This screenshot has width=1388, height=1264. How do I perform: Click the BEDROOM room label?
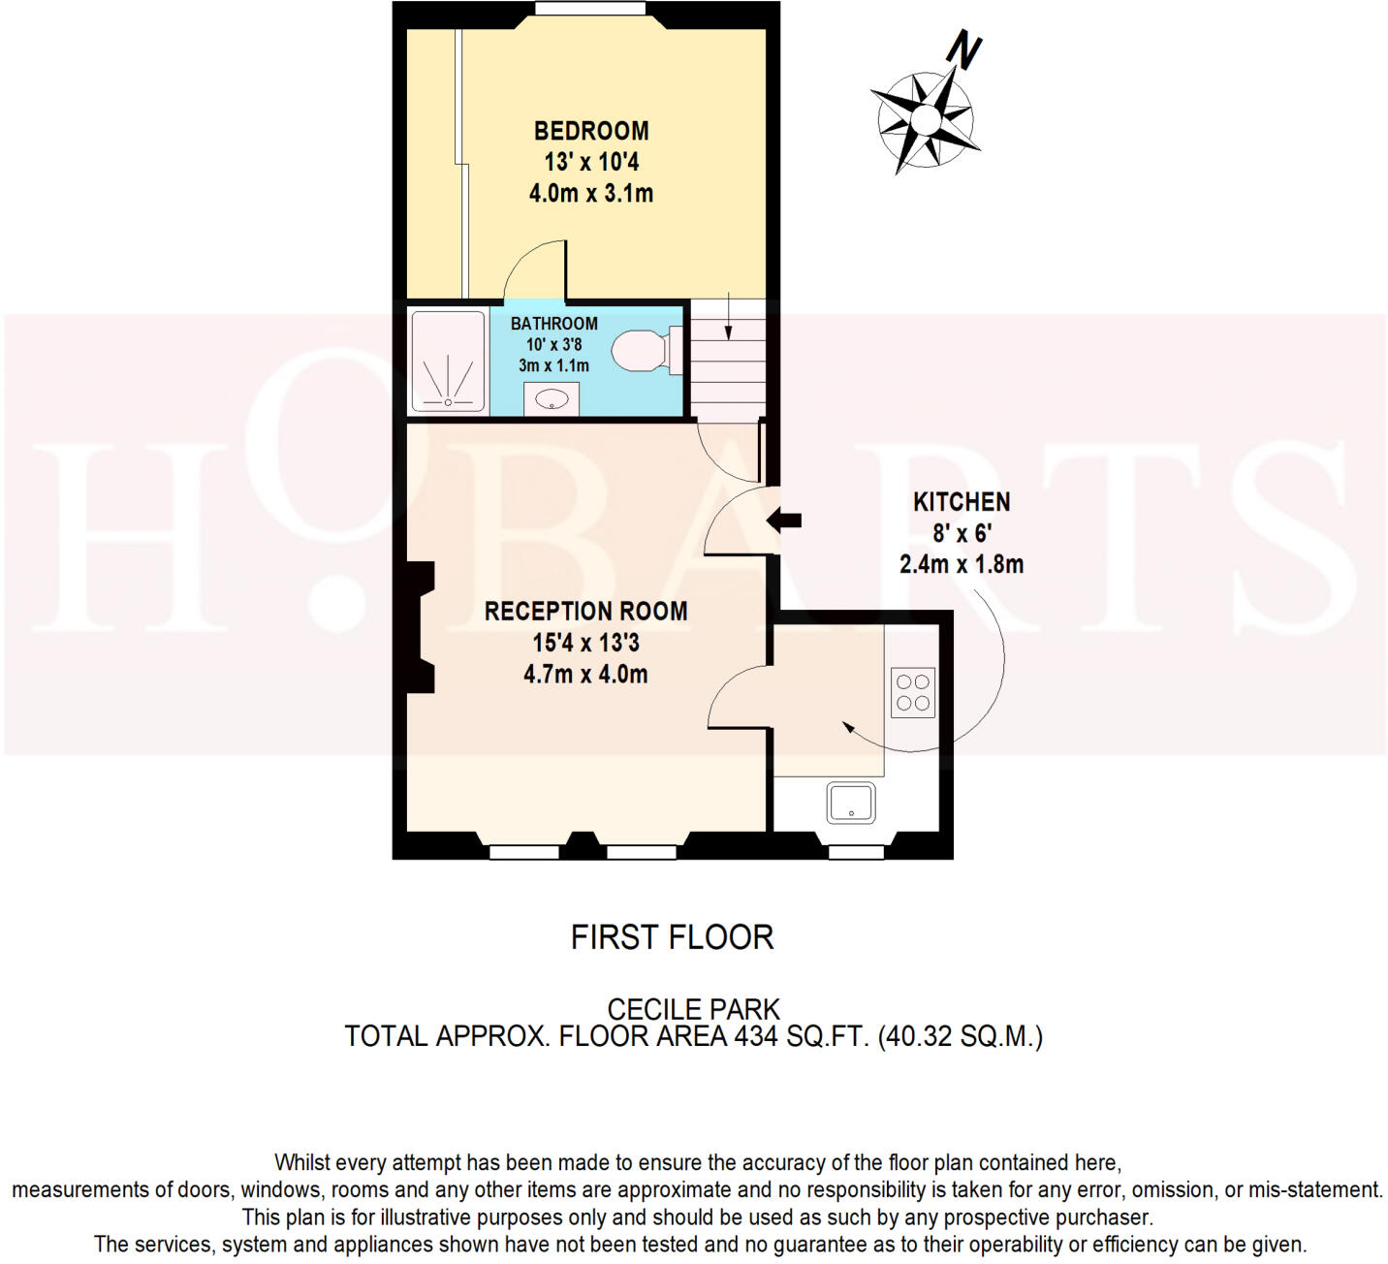(x=590, y=131)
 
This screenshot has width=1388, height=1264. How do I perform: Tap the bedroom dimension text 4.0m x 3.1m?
(x=590, y=193)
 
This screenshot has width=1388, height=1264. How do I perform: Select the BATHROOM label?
(x=553, y=324)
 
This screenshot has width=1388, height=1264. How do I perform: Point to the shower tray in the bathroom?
(x=448, y=361)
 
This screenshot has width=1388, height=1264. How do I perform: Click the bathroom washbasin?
(x=552, y=398)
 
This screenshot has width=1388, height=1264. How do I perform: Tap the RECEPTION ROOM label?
(x=585, y=612)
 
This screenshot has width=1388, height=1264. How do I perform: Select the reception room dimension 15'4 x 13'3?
(x=585, y=643)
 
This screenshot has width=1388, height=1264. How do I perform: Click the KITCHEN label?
(x=962, y=502)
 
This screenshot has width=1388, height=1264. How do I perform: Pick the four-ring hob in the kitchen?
(x=912, y=692)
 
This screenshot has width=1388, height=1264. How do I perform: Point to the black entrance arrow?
(x=784, y=521)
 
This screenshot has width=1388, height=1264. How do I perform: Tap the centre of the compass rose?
(x=926, y=120)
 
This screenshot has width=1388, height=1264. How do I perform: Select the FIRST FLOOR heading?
(x=672, y=937)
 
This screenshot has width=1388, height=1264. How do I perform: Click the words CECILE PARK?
(x=693, y=1009)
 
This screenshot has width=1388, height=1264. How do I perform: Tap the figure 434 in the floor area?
(x=756, y=1036)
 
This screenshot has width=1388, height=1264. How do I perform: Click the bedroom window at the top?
(x=590, y=10)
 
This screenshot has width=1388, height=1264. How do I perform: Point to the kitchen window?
(x=856, y=852)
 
